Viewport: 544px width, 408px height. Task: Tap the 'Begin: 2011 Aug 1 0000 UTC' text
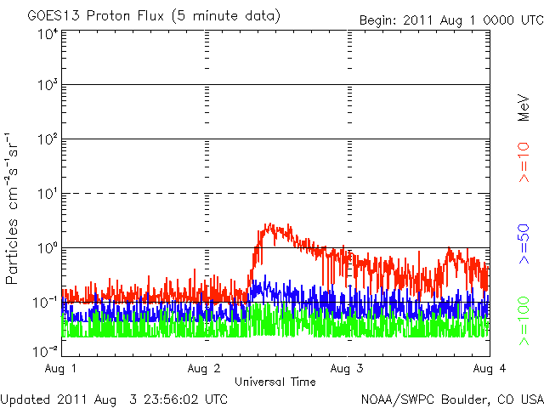[450, 19]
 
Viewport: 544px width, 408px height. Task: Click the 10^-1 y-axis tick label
[46, 302]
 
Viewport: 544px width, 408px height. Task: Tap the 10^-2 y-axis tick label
[46, 350]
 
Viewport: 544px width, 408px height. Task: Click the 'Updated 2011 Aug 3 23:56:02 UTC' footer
[114, 398]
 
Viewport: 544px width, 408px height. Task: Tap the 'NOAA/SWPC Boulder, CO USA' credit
[451, 398]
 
